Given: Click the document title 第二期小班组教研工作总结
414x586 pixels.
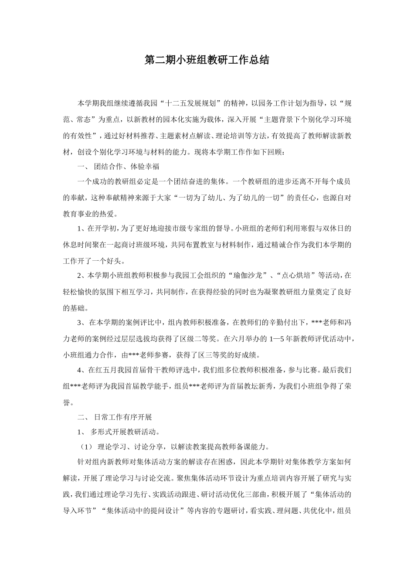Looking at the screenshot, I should (x=207, y=60).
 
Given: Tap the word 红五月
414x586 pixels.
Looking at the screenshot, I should (x=110, y=370).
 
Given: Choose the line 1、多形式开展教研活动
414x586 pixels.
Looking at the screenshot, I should (x=118, y=432).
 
